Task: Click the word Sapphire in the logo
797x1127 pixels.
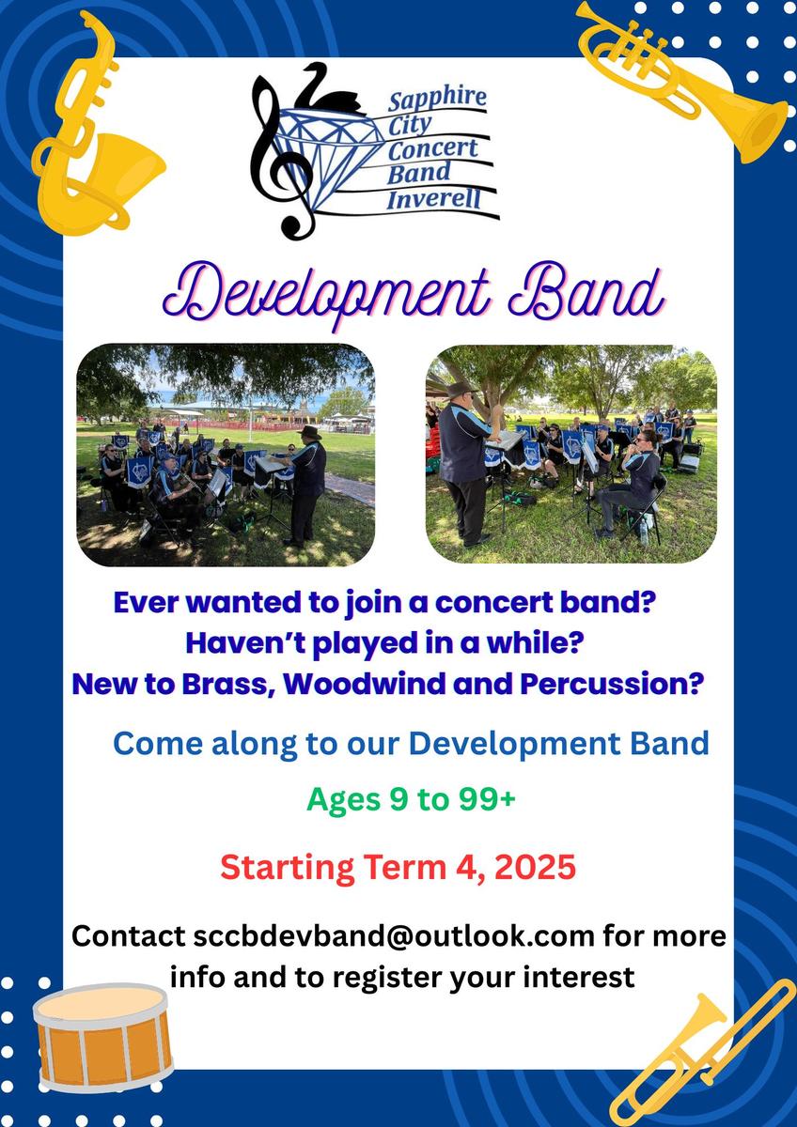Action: [x=437, y=98]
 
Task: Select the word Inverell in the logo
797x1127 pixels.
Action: [x=433, y=199]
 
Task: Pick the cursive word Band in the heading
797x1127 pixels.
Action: [x=586, y=291]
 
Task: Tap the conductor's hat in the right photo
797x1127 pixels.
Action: [x=461, y=389]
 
